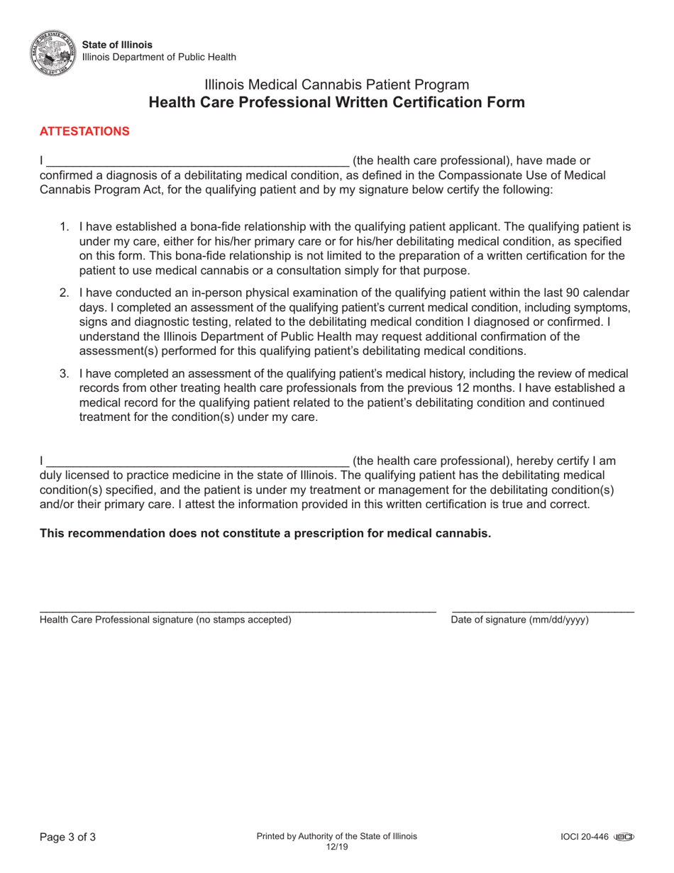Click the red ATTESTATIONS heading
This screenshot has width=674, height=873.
pos(84,131)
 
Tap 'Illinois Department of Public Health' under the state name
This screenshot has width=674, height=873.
pos(159,57)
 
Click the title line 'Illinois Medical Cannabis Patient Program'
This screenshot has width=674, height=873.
pos(336,84)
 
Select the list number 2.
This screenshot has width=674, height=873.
pos(64,292)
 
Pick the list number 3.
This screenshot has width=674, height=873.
pos(64,373)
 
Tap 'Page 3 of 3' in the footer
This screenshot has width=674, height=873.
pos(67,837)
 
